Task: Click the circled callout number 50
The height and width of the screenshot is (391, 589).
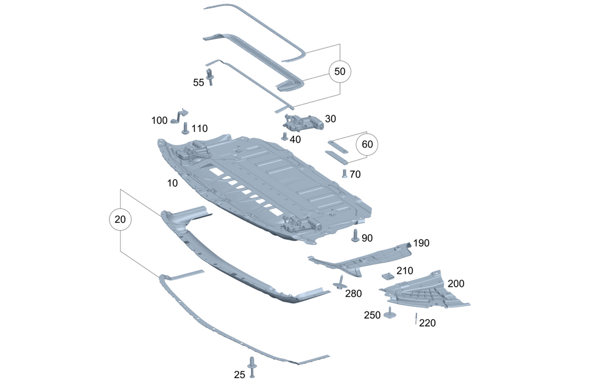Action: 340,71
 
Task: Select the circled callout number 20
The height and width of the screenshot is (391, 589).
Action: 120,220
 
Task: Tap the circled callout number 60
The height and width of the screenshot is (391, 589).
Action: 367,144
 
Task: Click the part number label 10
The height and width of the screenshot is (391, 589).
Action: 172,183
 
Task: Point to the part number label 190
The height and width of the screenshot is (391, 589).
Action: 421,243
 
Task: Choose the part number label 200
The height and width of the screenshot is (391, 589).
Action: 456,283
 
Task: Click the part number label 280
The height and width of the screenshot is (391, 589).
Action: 353,293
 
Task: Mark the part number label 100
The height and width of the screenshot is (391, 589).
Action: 160,121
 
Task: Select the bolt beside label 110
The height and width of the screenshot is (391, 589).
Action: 186,128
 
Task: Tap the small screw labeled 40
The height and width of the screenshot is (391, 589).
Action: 284,137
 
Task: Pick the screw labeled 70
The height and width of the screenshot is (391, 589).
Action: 345,173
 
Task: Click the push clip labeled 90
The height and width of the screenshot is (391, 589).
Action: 355,236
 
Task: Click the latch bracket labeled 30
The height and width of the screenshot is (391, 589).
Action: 304,122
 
